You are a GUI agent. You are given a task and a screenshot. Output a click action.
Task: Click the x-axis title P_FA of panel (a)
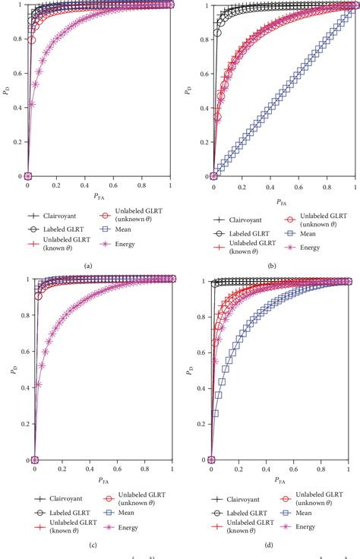(x=100, y=195)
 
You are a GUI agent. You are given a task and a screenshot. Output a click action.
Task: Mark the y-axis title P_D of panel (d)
(x=188, y=371)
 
